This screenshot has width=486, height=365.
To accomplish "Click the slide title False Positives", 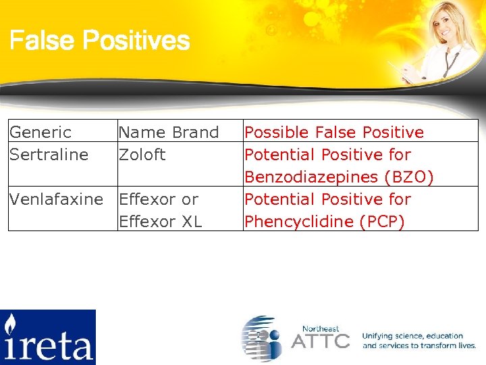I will coord(99,41).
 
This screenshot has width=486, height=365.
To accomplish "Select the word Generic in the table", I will coord(40,132).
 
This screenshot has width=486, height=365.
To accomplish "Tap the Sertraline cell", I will coord(49,155).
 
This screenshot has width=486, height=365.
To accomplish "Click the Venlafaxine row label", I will coord(56,199).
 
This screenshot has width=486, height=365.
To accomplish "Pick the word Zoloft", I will coord(142,155).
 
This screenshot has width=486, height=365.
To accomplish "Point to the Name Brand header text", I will coord(169,132).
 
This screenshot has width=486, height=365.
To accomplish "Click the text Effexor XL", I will coord(160,222).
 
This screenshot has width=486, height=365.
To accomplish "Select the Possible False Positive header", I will coord(334,132).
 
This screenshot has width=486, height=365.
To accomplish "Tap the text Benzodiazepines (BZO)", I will coord(340,177).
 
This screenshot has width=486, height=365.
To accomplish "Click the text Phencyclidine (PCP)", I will coord(325,222).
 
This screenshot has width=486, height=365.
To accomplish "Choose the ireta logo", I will coord(47,337).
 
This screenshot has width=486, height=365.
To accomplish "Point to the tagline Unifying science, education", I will coord(412,336).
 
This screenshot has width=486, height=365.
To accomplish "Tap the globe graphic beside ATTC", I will coord(263,337).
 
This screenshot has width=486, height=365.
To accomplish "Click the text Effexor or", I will coord(159,199).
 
